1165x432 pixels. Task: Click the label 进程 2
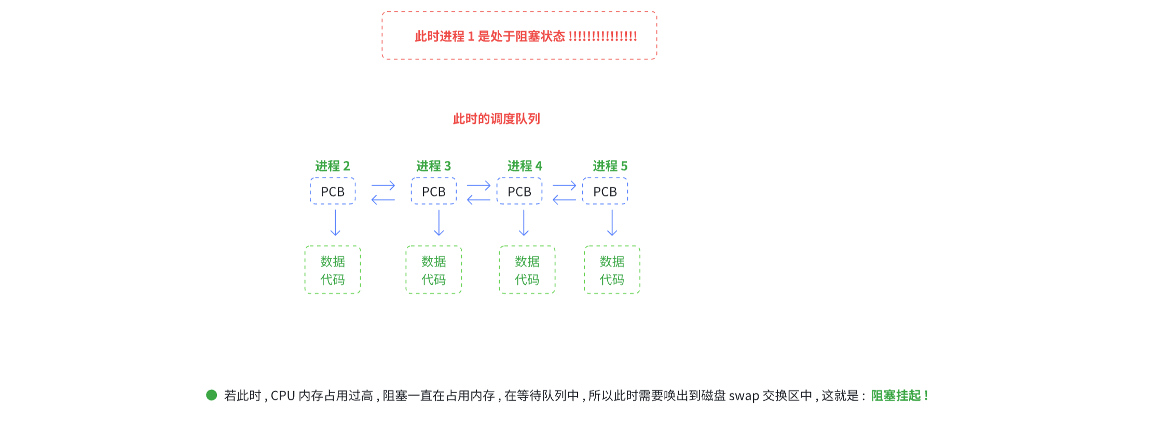pos(333,166)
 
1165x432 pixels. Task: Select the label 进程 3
pos(433,166)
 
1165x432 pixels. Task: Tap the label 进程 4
pos(525,166)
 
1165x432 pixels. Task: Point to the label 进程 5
pos(610,166)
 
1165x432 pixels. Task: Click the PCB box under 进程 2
pos(333,191)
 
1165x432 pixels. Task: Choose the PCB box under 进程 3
pos(434,191)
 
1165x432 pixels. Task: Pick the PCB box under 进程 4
pos(519,191)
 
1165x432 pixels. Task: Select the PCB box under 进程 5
pos(605,191)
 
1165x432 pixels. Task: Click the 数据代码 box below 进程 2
pos(333,270)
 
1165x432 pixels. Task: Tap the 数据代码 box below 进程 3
pos(434,270)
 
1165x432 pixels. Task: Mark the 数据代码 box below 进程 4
pos(527,270)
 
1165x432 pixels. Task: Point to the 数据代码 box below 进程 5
pos(612,270)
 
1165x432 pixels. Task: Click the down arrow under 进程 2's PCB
pos(335,223)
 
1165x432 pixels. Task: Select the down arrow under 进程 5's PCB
pos(612,223)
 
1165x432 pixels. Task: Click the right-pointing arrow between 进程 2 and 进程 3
pos(383,185)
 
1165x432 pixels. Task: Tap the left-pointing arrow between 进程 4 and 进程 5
pos(564,200)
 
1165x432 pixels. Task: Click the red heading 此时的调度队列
pos(496,119)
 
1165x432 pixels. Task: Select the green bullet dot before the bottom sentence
pos(211,395)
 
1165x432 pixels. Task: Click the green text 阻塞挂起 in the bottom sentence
pos(896,396)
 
